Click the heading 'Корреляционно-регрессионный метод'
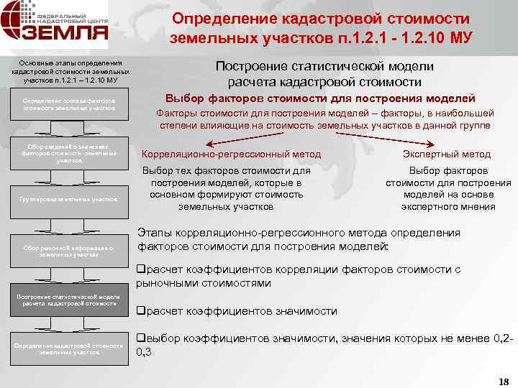231,154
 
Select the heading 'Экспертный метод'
448,154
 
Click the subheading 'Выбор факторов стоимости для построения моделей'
320,98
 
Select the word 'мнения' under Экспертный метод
479,207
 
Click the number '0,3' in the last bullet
144,353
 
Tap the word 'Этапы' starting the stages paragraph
153,233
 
